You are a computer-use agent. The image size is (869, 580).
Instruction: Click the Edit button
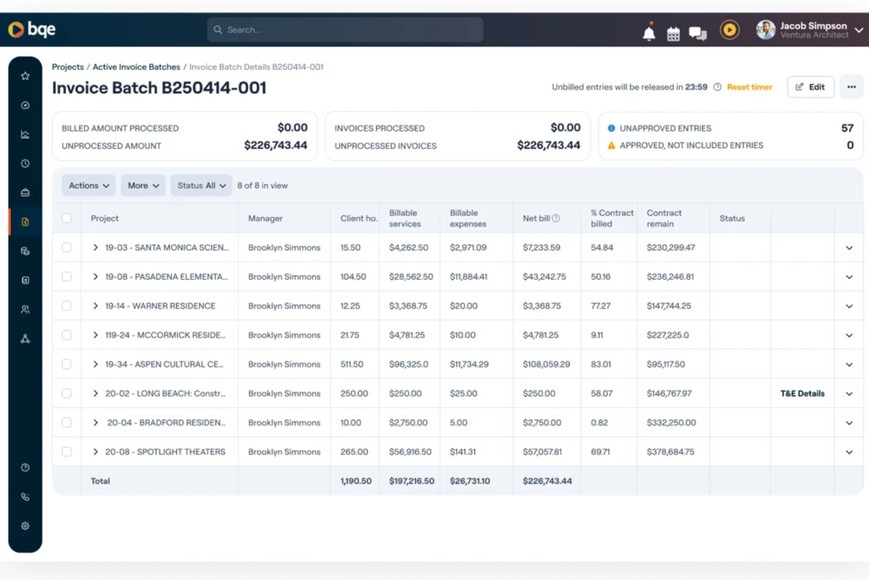(x=810, y=87)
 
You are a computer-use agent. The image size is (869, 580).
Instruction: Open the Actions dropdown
(x=89, y=186)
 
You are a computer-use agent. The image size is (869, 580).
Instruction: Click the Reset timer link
(x=749, y=87)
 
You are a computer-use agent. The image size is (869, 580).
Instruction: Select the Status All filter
(x=201, y=186)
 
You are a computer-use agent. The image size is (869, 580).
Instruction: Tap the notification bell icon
(x=649, y=33)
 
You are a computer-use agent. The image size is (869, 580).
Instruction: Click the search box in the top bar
(x=345, y=30)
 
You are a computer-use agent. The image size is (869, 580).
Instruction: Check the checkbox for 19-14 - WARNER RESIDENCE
(x=67, y=306)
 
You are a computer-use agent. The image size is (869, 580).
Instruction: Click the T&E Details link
(x=802, y=394)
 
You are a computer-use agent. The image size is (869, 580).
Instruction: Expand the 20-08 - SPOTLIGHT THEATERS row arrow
(x=95, y=452)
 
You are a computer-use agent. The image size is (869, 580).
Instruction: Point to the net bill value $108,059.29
(x=546, y=364)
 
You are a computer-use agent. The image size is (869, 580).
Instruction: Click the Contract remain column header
(x=664, y=218)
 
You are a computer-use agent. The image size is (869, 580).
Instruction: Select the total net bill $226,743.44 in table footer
(x=547, y=481)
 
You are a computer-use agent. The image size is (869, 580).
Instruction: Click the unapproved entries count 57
(x=847, y=128)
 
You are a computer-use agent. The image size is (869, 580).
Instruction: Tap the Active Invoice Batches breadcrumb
(x=136, y=67)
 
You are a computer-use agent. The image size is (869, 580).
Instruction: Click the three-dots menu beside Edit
(x=851, y=87)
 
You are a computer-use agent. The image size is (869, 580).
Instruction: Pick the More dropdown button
(x=143, y=186)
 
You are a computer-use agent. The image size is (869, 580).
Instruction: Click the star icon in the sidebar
(x=25, y=76)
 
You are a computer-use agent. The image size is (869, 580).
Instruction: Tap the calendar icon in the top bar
(x=673, y=34)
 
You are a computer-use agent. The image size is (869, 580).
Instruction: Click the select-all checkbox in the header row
(x=67, y=218)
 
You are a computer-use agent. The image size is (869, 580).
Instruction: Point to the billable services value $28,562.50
(x=411, y=277)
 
